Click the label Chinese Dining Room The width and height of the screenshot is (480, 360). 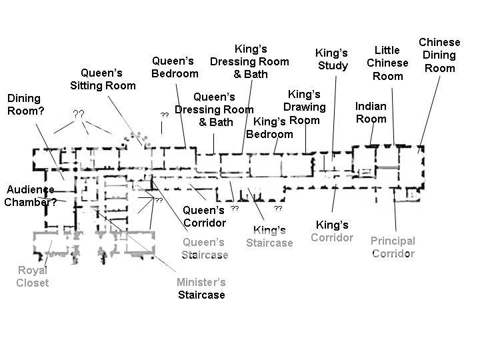coord(439,55)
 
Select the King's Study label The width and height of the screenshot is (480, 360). coord(331,59)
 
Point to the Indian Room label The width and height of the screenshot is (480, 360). coord(371,113)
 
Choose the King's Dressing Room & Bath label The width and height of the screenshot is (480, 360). coord(250,61)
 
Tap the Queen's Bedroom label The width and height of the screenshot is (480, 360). coord(175,67)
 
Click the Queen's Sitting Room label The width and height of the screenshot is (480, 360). coord(103,79)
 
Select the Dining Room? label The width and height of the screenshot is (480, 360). coord(25,105)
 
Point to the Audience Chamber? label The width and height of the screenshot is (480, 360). coord(31,196)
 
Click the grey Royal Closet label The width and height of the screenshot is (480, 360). coord(33,277)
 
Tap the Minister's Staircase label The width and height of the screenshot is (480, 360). coord(201,289)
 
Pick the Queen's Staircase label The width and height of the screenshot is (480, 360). coord(204,248)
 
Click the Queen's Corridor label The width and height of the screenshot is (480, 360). coord(205,217)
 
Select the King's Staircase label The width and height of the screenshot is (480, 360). coord(269,236)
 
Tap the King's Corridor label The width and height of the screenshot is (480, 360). coord(332,231)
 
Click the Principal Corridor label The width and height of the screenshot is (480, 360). coord(393,247)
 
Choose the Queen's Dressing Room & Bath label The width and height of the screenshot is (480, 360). coord(215,109)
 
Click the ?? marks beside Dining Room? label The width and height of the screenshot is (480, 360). coord(78,114)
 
